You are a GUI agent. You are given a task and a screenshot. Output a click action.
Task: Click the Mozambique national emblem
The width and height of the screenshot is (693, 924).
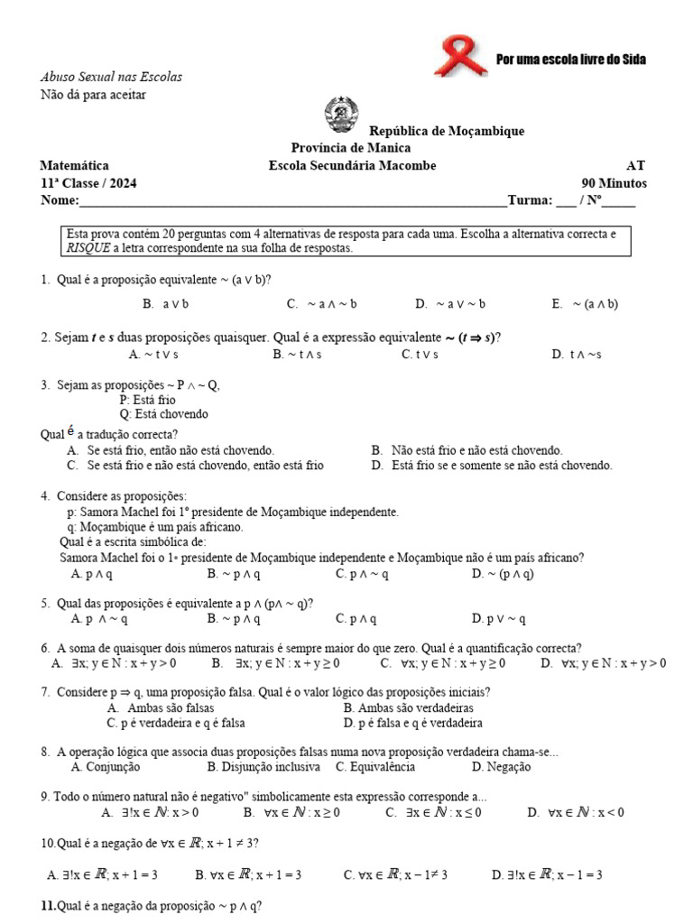coord(341,115)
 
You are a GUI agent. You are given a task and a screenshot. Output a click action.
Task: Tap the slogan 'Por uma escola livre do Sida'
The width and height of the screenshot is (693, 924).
coord(570,60)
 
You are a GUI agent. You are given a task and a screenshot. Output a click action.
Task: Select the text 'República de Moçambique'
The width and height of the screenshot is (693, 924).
coord(447,131)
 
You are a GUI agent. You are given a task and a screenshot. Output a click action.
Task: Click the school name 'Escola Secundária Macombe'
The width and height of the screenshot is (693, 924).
coord(352,165)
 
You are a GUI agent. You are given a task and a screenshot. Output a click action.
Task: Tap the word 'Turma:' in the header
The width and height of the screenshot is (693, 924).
coord(530,200)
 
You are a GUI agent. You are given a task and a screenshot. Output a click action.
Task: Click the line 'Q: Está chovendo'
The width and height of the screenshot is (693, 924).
coord(163,414)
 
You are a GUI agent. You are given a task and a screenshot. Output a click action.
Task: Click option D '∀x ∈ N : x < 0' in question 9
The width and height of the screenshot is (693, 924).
coord(588,812)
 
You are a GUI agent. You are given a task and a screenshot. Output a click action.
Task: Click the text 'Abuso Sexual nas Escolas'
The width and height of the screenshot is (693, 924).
coord(111,78)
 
